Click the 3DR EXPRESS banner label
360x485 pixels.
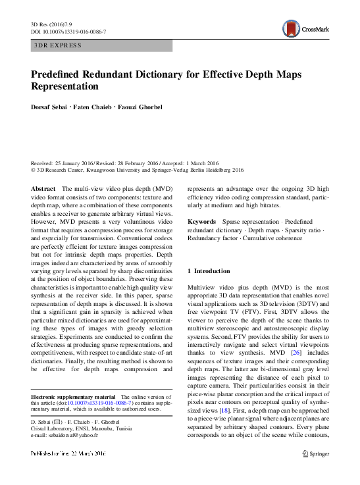click(59, 45)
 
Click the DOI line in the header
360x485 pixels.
click(68, 31)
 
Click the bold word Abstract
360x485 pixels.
click(43, 188)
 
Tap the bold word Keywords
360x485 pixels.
click(202, 222)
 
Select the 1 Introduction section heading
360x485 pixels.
click(209, 271)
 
